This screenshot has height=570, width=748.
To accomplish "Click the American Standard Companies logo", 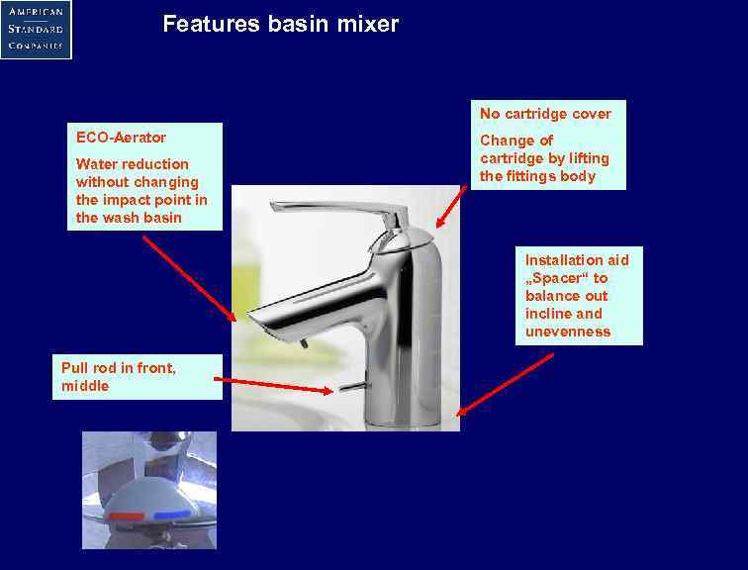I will tap(36, 30).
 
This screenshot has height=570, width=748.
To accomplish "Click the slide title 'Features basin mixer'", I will tap(280, 24).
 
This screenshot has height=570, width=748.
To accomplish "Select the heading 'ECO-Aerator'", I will tap(121, 138).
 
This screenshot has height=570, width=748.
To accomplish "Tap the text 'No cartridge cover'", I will tap(545, 114).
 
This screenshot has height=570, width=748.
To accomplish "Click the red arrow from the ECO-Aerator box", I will tap(189, 278).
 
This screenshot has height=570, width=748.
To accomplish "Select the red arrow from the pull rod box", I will tap(273, 385).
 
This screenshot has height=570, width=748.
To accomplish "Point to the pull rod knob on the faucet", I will tap(346, 388).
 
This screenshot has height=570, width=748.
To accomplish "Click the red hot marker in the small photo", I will tap(126, 517).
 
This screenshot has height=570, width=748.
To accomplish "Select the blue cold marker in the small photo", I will tap(171, 514).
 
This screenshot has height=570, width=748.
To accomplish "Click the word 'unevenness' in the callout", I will tap(568, 332).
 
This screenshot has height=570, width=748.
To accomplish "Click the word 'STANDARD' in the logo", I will tap(36, 29).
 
